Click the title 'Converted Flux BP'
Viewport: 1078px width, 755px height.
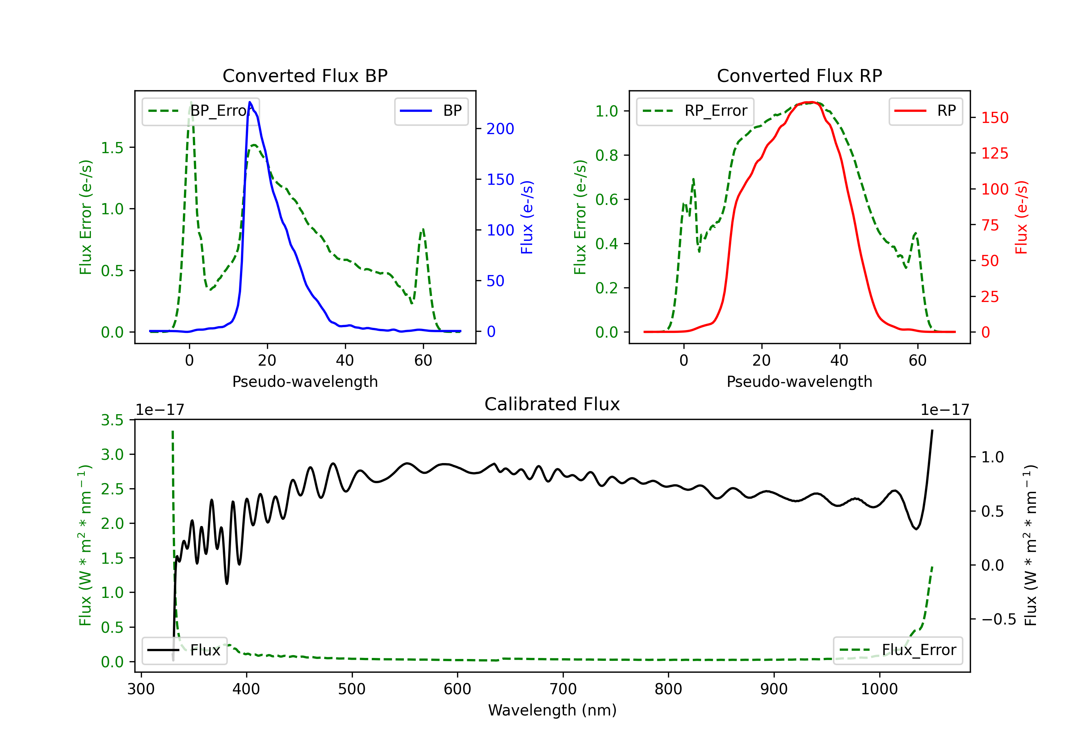click(x=305, y=75)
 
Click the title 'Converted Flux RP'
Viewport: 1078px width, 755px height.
click(x=799, y=75)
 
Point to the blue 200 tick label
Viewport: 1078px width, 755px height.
click(x=500, y=129)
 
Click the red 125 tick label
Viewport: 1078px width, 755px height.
click(x=994, y=153)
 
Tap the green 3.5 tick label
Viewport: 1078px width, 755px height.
click(x=112, y=420)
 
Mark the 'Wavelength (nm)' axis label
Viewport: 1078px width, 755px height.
click(x=552, y=710)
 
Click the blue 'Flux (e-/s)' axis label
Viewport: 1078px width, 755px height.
click(x=527, y=217)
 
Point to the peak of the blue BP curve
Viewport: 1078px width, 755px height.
click(x=250, y=102)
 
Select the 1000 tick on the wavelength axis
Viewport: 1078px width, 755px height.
click(x=879, y=689)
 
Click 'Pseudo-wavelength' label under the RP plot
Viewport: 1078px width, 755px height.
click(x=799, y=381)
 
